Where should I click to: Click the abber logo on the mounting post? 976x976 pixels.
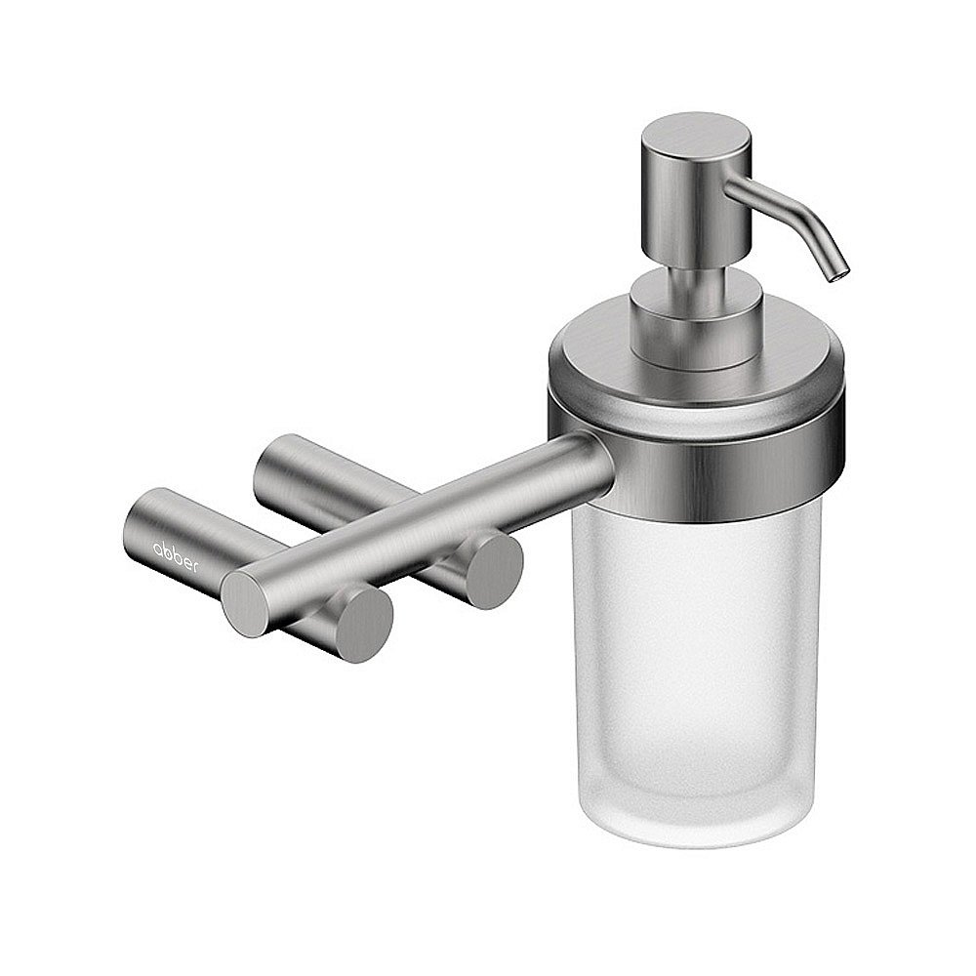(x=176, y=557)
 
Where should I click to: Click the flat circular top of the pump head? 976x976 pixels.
(x=696, y=132)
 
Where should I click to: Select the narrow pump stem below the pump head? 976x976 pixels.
(x=696, y=276)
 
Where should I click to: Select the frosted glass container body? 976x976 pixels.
(x=696, y=672)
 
